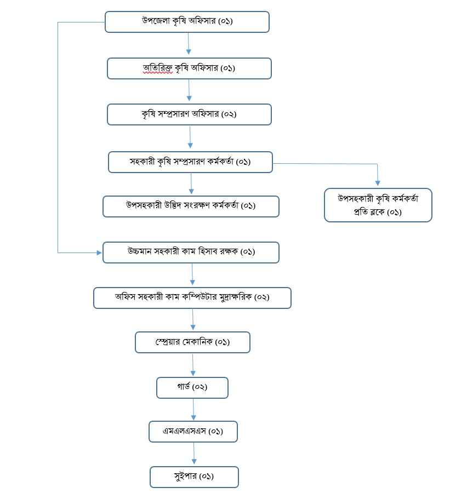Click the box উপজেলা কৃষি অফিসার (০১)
tap(187, 22)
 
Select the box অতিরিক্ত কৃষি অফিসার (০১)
tap(189, 68)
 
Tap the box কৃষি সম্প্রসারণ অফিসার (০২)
tap(189, 114)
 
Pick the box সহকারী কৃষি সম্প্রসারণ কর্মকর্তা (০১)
tap(190, 162)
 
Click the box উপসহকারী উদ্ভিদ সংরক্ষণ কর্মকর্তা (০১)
tap(191, 206)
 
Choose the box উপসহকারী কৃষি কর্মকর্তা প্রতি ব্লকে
tap(378, 205)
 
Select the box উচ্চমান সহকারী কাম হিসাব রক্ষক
tap(191, 252)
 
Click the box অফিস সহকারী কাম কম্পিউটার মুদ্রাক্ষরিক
tap(192, 297)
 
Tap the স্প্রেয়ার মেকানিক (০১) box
tap(192, 342)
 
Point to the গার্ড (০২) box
tap(192, 387)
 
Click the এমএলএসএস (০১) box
tap(193, 431)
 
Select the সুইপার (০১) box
tap(194, 477)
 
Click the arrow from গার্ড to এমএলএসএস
tap(193, 409)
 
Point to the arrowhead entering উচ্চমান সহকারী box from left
tap(99, 253)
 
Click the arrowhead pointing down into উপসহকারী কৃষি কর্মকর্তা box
tap(378, 184)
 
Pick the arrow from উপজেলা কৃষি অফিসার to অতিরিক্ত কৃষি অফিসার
tap(189, 44)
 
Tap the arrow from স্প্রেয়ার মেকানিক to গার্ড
tap(193, 364)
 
